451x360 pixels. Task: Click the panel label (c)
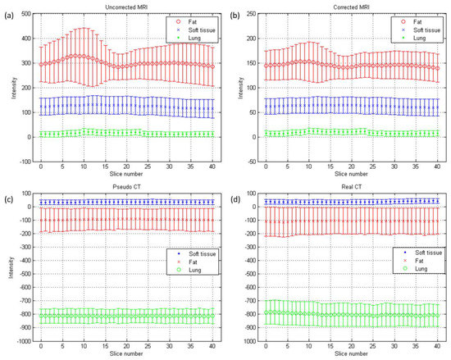(8, 193)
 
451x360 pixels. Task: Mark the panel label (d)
(231, 193)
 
